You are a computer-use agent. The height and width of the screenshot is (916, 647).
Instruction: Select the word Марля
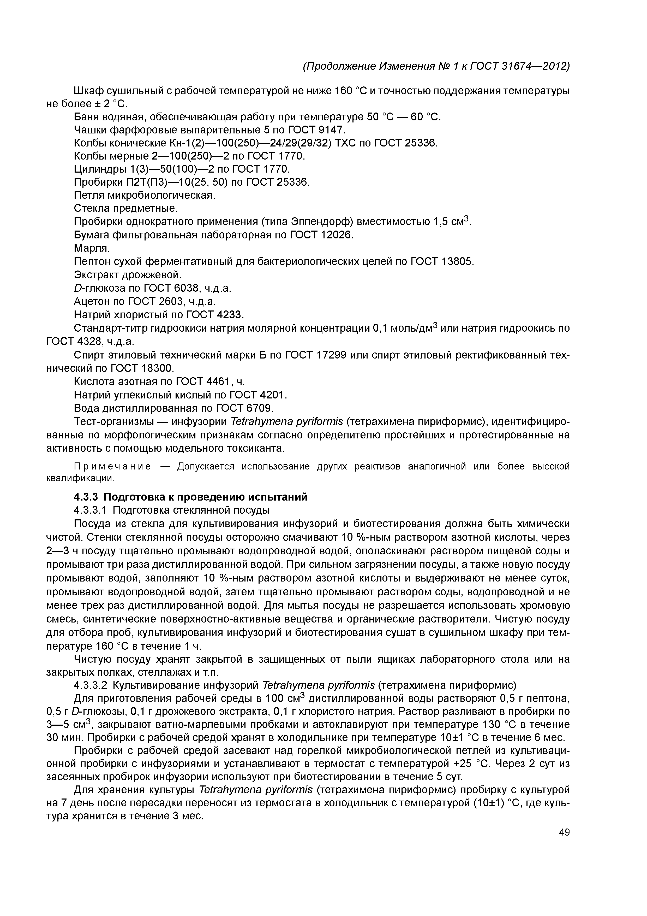click(x=92, y=248)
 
